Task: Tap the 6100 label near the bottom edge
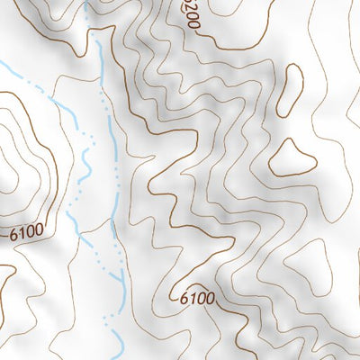coord(197,298)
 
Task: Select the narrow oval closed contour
coord(290,90)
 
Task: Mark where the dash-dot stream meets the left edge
coord(2,65)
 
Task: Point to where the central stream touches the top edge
coord(86,2)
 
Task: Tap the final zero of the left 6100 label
coord(39,230)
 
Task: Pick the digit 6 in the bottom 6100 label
coord(184,298)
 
